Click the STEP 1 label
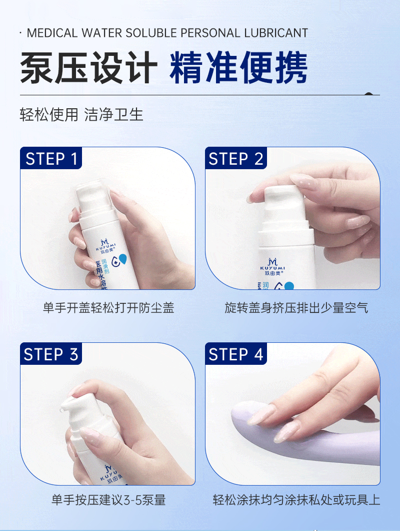click(52, 159)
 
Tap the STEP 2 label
click(236, 159)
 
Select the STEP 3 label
click(52, 354)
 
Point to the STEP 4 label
click(236, 354)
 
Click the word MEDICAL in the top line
click(52, 33)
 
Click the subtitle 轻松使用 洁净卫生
click(81, 114)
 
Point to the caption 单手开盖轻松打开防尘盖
click(108, 307)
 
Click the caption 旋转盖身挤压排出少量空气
click(296, 307)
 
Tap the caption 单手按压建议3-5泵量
click(108, 500)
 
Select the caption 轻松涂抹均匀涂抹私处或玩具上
click(296, 500)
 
